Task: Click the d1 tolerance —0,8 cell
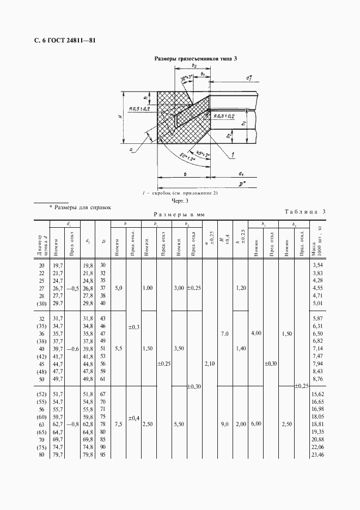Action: (72, 423)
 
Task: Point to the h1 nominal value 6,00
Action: (256, 423)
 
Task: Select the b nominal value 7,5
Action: (118, 423)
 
